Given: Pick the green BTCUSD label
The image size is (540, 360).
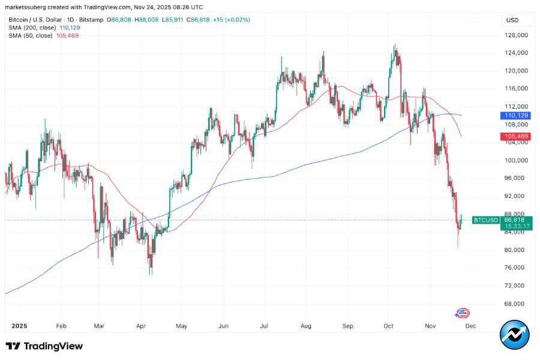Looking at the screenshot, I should [x=486, y=220].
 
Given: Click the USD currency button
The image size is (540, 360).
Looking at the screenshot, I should [x=512, y=20].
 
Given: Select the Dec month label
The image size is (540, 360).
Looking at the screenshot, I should [x=471, y=327].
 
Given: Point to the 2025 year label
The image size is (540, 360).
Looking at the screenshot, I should [x=20, y=327].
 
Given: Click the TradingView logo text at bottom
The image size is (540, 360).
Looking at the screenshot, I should [x=44, y=346].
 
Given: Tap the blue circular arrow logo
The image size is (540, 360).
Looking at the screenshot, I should [x=515, y=335].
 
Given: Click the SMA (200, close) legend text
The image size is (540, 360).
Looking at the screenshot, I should [x=32, y=28].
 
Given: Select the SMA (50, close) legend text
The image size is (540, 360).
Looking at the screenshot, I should [x=31, y=35].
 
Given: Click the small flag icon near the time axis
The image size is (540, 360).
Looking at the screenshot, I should [x=463, y=313].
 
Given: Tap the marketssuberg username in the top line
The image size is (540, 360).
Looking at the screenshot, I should [x=28, y=7].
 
